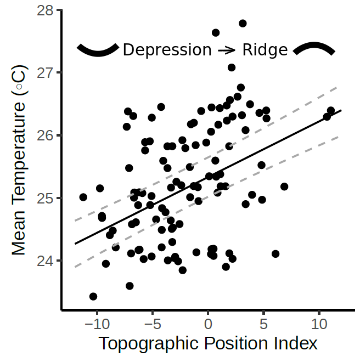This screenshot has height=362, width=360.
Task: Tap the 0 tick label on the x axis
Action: (208, 322)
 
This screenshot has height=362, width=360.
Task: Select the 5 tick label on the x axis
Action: (263, 322)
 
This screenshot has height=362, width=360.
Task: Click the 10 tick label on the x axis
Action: (319, 322)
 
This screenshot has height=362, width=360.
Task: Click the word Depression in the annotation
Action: (167, 50)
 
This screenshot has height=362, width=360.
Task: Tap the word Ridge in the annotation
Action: (265, 50)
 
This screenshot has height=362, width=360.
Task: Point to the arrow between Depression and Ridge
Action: (227, 50)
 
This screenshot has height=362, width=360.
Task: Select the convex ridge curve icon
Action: (313, 49)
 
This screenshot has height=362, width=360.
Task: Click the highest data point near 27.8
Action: (243, 24)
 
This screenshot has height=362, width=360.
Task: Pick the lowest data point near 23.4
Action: (93, 296)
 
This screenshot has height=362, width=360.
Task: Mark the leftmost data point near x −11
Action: (83, 197)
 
